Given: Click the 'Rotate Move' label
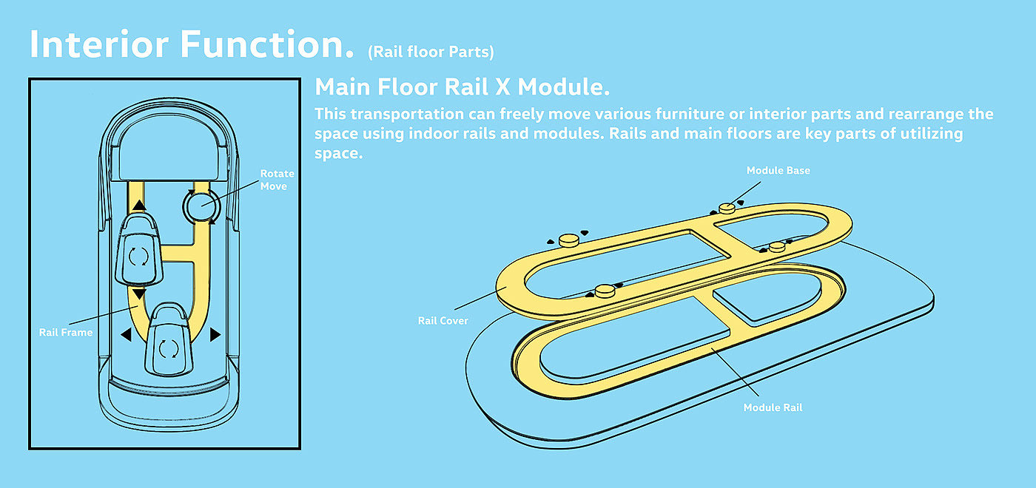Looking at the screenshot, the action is tap(277, 180).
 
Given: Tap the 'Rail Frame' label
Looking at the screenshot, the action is tap(66, 332).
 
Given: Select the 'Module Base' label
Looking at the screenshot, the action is tap(778, 171).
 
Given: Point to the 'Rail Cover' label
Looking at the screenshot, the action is tap(443, 320).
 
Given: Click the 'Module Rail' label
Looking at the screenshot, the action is tap(773, 407).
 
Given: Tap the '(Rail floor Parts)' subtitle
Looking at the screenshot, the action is tap(431, 52).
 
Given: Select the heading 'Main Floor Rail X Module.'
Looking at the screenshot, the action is tap(462, 87).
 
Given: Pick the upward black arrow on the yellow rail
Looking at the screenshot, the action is tap(138, 206).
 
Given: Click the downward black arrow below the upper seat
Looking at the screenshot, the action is tap(138, 294).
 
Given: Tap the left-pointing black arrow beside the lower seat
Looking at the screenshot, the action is tap(126, 335).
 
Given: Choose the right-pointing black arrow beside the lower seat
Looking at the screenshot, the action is tap(215, 335).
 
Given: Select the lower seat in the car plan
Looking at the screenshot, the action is tap(171, 344).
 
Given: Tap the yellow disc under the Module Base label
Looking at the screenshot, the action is tap(727, 208).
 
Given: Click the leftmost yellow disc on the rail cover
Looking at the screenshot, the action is tap(568, 239).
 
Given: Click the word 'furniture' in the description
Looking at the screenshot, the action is tap(694, 115).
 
